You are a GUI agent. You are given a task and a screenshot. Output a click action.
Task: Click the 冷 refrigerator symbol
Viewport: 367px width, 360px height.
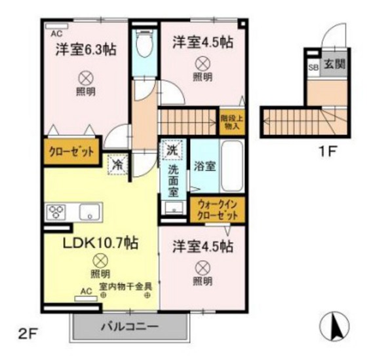(117, 163)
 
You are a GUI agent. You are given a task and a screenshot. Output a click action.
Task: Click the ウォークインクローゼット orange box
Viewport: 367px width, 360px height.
(217, 209)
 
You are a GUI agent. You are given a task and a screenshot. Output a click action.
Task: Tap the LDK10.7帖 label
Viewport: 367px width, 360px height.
(100, 243)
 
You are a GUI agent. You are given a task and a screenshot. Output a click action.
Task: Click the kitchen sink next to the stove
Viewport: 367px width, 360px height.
(88, 212)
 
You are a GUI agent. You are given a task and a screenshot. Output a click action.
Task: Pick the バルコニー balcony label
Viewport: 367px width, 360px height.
(129, 326)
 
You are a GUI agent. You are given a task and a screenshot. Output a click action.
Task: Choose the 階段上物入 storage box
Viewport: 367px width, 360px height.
(231, 120)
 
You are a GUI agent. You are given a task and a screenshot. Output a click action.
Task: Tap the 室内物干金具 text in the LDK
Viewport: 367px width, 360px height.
(126, 285)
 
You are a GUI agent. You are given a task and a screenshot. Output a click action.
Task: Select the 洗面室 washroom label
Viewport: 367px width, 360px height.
(172, 179)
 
